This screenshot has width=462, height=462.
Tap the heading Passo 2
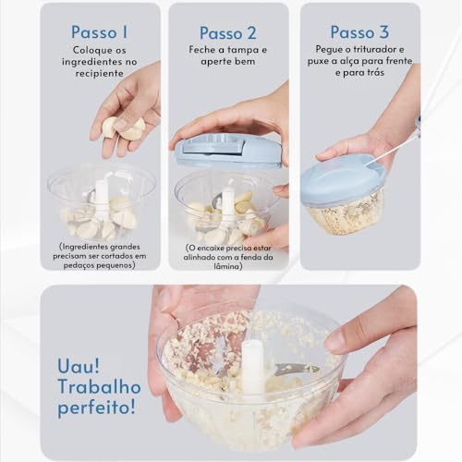click(227, 33)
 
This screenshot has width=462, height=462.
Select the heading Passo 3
click(359, 33)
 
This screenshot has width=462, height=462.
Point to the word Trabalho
click(99, 386)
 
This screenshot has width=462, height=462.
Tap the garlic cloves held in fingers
click(123, 128)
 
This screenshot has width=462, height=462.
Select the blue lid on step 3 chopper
click(342, 177)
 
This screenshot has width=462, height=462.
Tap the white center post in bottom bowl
click(252, 364)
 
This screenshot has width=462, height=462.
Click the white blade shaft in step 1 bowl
click(101, 198)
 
